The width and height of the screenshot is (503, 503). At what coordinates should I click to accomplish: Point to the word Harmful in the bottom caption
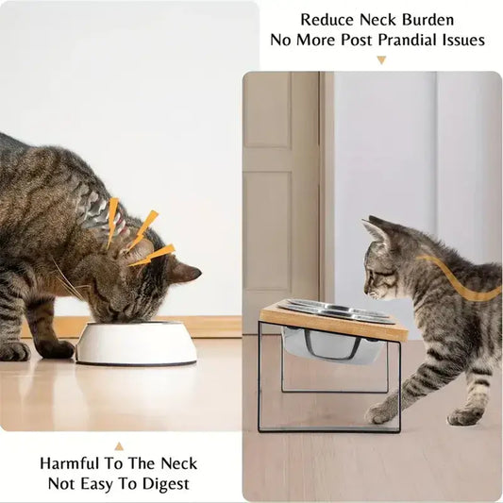73,463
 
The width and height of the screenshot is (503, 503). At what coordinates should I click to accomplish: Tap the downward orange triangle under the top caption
381,60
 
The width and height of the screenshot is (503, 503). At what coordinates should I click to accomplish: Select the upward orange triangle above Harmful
119,445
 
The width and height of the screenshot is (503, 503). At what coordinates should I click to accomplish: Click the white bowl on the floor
136,344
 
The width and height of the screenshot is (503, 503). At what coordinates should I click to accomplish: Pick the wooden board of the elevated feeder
335,322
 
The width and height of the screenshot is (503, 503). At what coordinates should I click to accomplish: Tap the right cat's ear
377,230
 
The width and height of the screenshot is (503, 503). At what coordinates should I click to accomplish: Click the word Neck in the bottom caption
171,463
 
